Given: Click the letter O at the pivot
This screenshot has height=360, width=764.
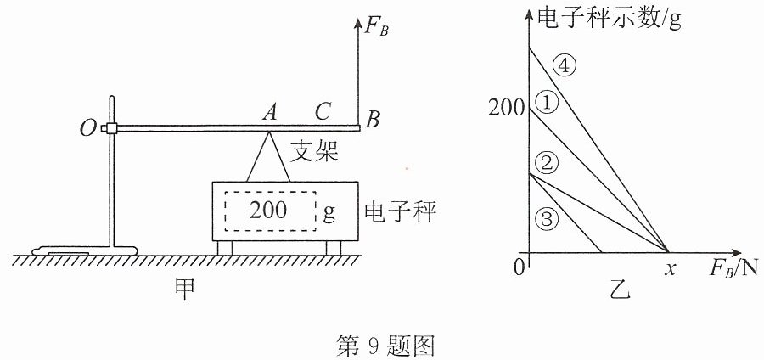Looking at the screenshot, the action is click(88, 128).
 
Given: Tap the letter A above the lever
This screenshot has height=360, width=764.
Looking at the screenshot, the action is click(269, 113).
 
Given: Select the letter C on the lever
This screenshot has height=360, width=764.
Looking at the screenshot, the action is click(323, 112).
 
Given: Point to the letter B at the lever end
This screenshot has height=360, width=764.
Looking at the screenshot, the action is click(373, 120).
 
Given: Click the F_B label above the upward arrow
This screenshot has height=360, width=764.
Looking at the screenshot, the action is click(377, 28).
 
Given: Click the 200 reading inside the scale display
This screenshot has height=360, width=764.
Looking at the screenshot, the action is click(268, 211).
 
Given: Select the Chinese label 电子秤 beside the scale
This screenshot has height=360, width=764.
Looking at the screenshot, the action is click(400, 212).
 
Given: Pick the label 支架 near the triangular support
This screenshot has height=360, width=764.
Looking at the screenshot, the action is click(314, 152).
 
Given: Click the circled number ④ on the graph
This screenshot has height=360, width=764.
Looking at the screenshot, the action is click(564, 67).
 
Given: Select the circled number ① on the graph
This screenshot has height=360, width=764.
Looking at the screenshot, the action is click(546, 103).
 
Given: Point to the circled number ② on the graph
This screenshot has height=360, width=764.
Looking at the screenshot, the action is click(546, 163).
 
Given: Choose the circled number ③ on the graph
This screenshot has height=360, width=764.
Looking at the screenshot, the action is click(546, 219).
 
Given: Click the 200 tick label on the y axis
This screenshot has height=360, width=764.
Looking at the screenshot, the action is click(507, 110).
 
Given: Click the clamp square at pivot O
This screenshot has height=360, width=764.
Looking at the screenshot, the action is click(112, 128).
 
